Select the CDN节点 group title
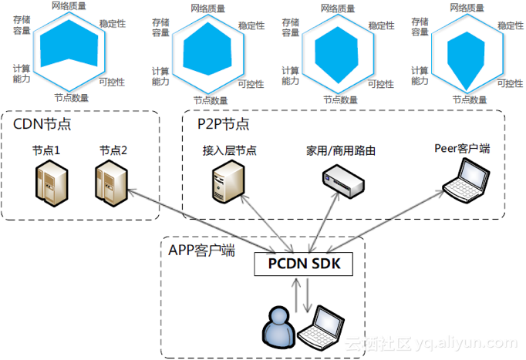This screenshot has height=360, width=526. pos(41,124)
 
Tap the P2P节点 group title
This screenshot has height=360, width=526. pos(223,124)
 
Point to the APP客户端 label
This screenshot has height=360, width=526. pos(201,250)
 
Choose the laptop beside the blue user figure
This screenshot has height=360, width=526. pos(321,328)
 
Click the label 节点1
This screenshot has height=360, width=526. pos(46,150)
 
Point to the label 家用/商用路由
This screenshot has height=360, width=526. pos(341,150)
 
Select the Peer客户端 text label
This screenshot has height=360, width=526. pos(463,148)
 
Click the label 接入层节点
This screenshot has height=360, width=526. pos(224,150)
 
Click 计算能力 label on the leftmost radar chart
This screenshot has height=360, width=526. pos(22,73)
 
